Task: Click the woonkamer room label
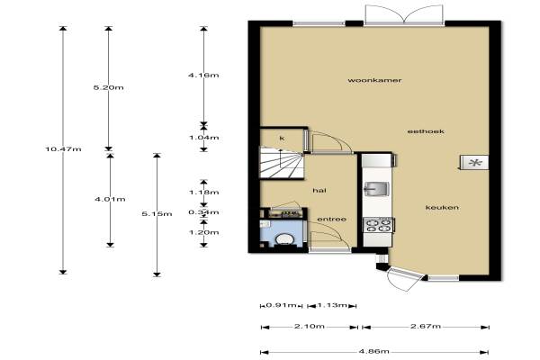click(x=374, y=80)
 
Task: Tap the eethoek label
click(x=426, y=131)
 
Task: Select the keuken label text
click(x=442, y=207)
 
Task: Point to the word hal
click(x=319, y=191)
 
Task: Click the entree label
click(x=331, y=220)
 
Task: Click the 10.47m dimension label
click(x=63, y=149)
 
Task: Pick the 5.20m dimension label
click(x=109, y=87)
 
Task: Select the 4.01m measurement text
click(x=110, y=199)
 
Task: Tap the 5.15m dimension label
click(x=157, y=214)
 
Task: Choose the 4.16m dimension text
click(x=203, y=75)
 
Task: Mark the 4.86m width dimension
click(x=374, y=351)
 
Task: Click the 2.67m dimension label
click(x=426, y=326)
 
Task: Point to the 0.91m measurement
click(x=282, y=305)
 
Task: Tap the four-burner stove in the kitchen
click(x=379, y=225)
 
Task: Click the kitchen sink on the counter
click(x=377, y=189)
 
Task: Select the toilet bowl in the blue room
click(x=284, y=239)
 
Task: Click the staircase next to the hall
click(x=282, y=163)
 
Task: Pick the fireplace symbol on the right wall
click(x=474, y=163)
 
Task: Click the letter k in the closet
click(x=282, y=139)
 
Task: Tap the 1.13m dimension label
click(x=331, y=305)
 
